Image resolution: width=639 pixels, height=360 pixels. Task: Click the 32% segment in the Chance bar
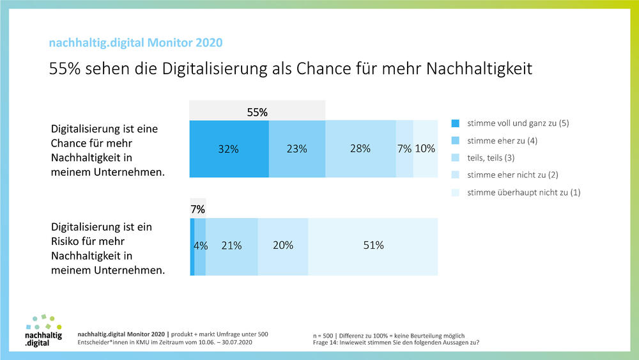[229, 148]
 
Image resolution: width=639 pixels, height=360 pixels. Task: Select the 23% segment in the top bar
[296, 148]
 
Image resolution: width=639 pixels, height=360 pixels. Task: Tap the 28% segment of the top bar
[360, 148]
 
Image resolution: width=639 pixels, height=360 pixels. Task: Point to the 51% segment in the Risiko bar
[373, 246]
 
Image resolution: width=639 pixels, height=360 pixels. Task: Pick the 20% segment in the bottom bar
[282, 246]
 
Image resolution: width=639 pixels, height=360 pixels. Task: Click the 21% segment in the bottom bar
[231, 246]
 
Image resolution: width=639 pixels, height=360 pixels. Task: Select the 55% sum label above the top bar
[258, 113]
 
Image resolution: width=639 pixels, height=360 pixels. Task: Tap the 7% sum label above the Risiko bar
[197, 209]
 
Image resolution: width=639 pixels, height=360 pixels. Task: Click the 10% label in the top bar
[425, 148]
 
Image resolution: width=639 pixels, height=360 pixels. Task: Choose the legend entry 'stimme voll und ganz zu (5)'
[518, 123]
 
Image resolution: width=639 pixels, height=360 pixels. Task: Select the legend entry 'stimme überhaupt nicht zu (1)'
[523, 192]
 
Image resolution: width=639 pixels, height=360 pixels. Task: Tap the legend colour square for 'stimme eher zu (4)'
[455, 140]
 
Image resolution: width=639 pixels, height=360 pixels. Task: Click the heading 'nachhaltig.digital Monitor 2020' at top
[136, 43]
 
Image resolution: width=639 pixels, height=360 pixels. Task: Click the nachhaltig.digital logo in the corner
[43, 331]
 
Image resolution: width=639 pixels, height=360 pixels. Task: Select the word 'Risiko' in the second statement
[68, 241]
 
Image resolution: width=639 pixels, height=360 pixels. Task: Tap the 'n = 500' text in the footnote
[321, 336]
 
